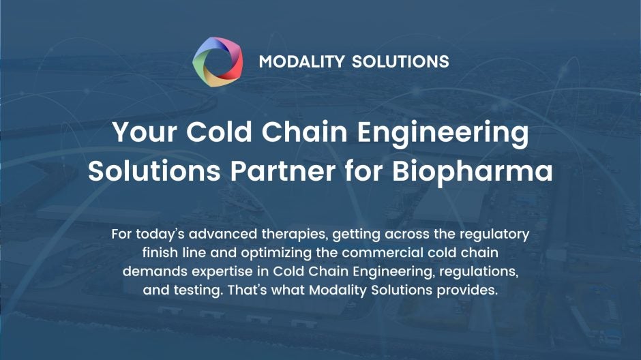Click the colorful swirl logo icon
click(218, 61)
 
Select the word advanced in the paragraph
click(222, 234)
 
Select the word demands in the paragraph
click(151, 271)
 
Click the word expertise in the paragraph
click(212, 271)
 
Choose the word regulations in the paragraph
click(479, 271)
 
